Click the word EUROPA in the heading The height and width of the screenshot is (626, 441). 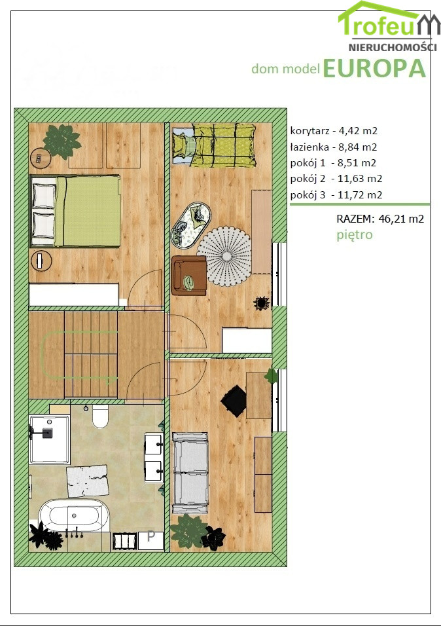[x=374, y=68]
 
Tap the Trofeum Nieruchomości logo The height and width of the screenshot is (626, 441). [x=389, y=26]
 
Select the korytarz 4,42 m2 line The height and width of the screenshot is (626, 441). [x=334, y=130]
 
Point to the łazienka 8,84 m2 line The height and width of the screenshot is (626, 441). [x=334, y=147]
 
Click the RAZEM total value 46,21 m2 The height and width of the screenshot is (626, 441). [x=401, y=219]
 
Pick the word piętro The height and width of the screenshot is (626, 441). [x=355, y=234]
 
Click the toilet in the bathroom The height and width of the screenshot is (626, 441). [x=100, y=416]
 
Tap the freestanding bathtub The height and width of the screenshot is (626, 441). [x=74, y=515]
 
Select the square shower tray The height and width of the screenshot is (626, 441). [x=50, y=439]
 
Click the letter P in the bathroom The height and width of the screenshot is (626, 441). [x=151, y=536]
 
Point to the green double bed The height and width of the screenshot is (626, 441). [x=75, y=211]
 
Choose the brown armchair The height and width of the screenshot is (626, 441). [x=189, y=276]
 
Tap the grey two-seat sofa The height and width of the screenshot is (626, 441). [x=190, y=473]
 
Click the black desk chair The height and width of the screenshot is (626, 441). [x=234, y=401]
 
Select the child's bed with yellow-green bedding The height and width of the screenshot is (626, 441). [x=214, y=145]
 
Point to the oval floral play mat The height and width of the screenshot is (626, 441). [x=191, y=225]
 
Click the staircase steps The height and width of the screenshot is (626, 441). [x=91, y=354]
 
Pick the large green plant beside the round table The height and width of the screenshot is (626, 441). [x=62, y=141]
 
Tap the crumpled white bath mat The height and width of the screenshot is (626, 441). [x=88, y=481]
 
